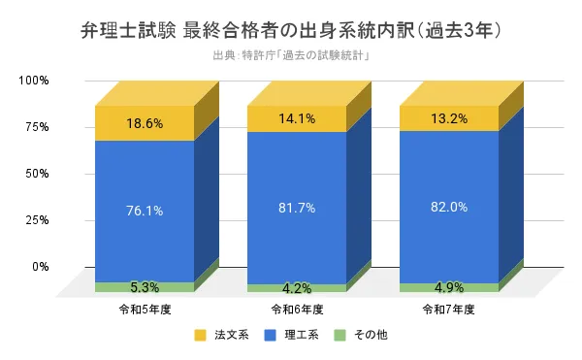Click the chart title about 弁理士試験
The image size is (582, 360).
(x=291, y=30)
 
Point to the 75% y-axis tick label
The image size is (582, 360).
(x=36, y=126)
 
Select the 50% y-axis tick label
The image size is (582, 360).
(x=36, y=173)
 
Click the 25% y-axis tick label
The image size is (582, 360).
(x=36, y=219)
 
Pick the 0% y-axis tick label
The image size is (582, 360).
(x=40, y=266)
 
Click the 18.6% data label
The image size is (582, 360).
(x=144, y=123)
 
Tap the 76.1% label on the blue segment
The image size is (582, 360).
(x=144, y=211)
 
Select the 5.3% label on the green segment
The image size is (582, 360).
(x=144, y=287)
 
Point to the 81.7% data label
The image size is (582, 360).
(x=297, y=208)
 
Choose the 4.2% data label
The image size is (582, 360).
(x=297, y=288)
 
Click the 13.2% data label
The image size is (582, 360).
(x=449, y=118)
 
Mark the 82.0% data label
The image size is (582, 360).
(x=449, y=207)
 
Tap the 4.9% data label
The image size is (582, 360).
(x=449, y=287)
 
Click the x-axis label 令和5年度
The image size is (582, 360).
(x=144, y=309)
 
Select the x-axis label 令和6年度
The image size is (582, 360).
(x=297, y=309)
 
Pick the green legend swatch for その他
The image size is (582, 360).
(x=339, y=336)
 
